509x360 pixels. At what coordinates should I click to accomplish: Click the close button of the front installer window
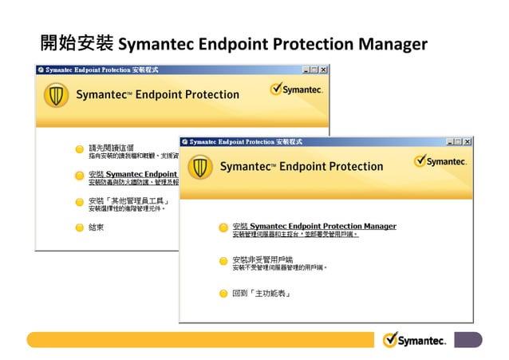click(x=468, y=141)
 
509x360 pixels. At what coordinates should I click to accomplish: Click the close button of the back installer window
click(x=323, y=70)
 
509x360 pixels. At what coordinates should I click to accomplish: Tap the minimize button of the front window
click(x=450, y=141)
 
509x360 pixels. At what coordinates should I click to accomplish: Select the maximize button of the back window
click(x=314, y=70)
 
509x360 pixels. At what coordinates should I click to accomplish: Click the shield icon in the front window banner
click(x=200, y=167)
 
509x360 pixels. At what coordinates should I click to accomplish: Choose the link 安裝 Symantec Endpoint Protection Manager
click(x=314, y=226)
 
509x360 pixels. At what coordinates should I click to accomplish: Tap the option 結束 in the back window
click(x=97, y=227)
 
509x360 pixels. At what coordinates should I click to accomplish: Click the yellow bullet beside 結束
click(x=79, y=227)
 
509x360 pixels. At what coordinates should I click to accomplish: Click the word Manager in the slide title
click(x=391, y=42)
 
